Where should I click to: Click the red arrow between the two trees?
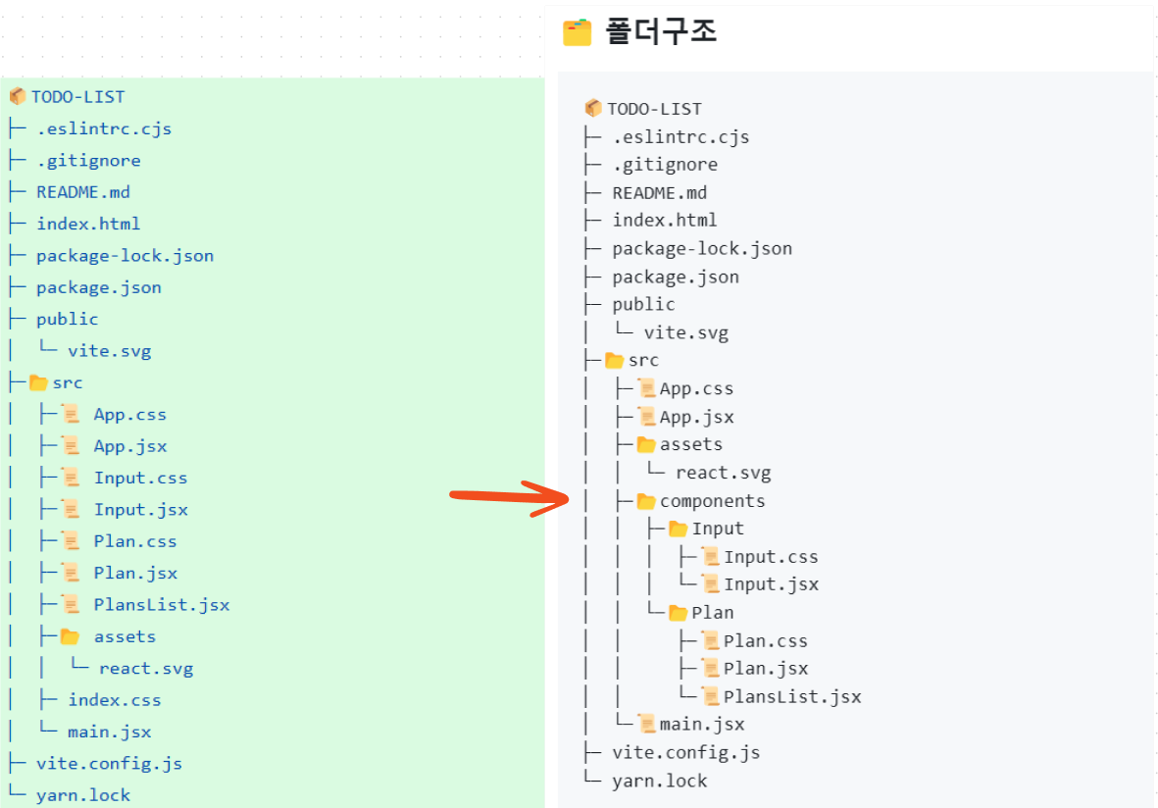510,497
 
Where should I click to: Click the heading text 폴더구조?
661,31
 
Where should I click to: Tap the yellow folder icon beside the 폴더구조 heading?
577,32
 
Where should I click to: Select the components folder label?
712,501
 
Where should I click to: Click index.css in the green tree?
115,700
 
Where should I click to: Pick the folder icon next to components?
646,501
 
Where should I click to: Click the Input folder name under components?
717,529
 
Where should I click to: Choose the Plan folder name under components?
713,613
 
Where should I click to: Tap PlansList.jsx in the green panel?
162,605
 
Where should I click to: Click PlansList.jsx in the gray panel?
792,696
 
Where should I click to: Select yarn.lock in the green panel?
83,795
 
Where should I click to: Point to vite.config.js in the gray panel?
686,753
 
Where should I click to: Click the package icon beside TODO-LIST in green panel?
18,96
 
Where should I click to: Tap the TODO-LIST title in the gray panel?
654,109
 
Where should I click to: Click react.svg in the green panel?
146,669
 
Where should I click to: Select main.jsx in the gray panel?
702,725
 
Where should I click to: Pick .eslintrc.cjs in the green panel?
104,129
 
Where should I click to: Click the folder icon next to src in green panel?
38,382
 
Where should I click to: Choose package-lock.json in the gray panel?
702,249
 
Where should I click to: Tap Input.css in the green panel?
140,479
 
